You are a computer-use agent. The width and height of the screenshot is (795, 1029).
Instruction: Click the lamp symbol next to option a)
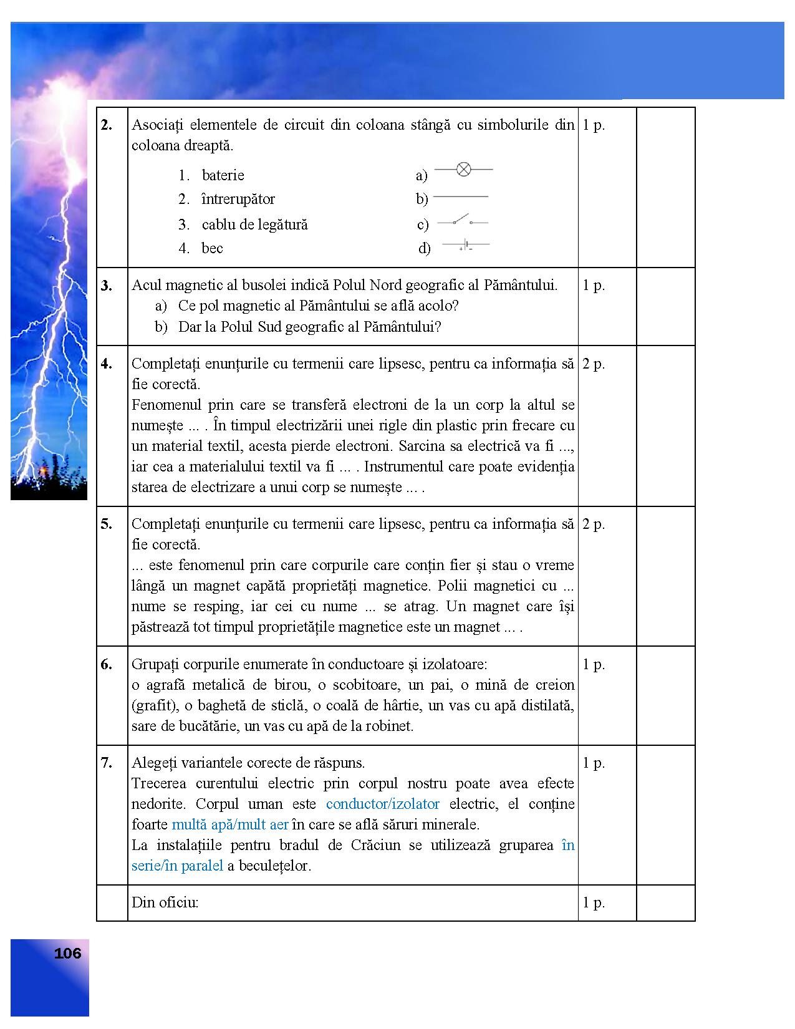(x=463, y=169)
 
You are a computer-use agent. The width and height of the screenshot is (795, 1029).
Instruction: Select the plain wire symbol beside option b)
(x=460, y=197)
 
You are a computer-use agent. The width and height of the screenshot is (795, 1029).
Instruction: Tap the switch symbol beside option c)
(x=462, y=221)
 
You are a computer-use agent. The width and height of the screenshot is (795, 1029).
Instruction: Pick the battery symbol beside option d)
(x=465, y=244)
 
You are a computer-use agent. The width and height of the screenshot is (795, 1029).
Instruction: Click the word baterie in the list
(x=223, y=175)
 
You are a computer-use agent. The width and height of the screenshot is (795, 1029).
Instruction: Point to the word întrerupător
(x=238, y=200)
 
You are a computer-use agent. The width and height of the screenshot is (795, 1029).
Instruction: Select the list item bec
(x=212, y=248)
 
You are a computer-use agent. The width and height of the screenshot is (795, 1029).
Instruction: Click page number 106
(x=67, y=953)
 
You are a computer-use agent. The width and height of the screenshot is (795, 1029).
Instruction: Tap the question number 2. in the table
(x=107, y=125)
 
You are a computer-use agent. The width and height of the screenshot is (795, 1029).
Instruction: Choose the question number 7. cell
(x=107, y=763)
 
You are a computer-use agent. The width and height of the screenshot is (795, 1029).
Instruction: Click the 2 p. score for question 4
(x=594, y=364)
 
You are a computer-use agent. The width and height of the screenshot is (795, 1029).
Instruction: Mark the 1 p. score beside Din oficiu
(x=594, y=902)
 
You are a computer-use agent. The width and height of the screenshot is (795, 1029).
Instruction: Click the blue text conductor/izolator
(x=382, y=804)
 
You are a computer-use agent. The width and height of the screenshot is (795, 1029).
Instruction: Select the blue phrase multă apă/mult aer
(x=229, y=824)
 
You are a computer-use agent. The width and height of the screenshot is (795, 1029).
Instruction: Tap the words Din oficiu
(x=165, y=902)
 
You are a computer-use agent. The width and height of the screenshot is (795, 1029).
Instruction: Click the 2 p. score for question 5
(x=594, y=524)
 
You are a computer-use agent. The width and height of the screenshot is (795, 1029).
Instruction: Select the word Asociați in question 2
(x=157, y=125)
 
